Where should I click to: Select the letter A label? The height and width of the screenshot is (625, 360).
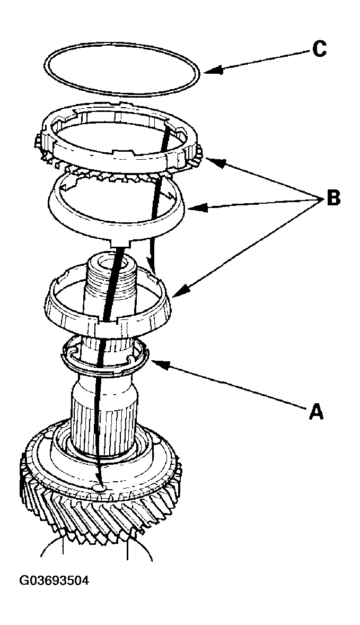pos(315,411)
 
